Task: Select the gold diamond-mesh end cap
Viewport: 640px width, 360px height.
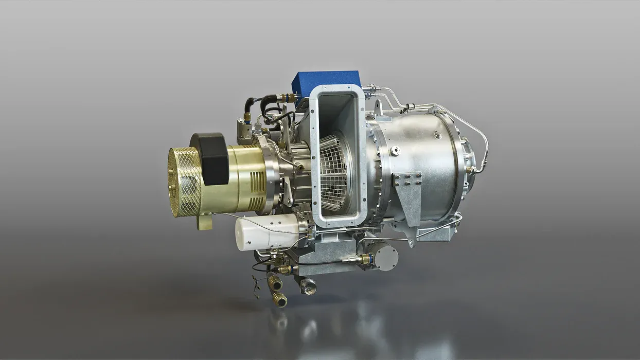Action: [x=183, y=181]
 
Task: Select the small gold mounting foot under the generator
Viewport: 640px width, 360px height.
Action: [x=205, y=223]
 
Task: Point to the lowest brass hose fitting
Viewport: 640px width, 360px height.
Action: [x=279, y=299]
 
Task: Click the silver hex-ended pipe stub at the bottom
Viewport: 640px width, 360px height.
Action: [x=308, y=286]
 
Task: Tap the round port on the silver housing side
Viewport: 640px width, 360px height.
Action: [x=395, y=151]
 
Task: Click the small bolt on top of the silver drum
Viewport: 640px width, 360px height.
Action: [x=437, y=135]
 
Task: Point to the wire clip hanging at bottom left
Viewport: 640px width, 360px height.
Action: [x=257, y=286]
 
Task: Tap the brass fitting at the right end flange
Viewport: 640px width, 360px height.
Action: [x=469, y=169]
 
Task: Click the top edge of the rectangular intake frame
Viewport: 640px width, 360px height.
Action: [x=337, y=89]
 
